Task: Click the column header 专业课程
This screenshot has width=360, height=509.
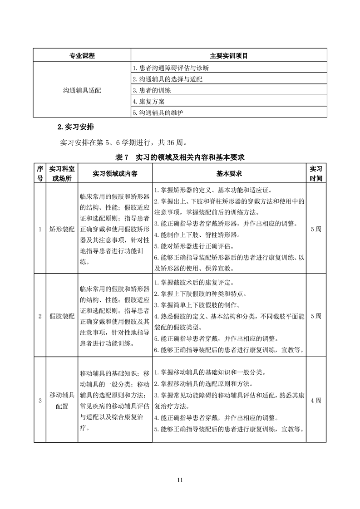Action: pyautogui.click(x=82, y=56)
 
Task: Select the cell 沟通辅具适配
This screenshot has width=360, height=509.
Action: pyautogui.click(x=82, y=90)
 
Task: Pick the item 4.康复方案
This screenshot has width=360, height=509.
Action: pyautogui.click(x=148, y=101)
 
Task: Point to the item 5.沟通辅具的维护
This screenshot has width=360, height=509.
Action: pyautogui.click(x=158, y=112)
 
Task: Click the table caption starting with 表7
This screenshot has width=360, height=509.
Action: pyautogui.click(x=180, y=157)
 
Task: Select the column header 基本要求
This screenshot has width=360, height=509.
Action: pyautogui.click(x=229, y=173)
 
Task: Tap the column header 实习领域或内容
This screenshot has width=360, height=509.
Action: pyautogui.click(x=115, y=173)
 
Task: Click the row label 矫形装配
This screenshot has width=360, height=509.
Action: pyautogui.click(x=62, y=229)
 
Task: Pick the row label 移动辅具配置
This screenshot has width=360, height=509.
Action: pyautogui.click(x=62, y=401)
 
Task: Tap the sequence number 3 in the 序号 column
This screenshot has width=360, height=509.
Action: pyautogui.click(x=40, y=401)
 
